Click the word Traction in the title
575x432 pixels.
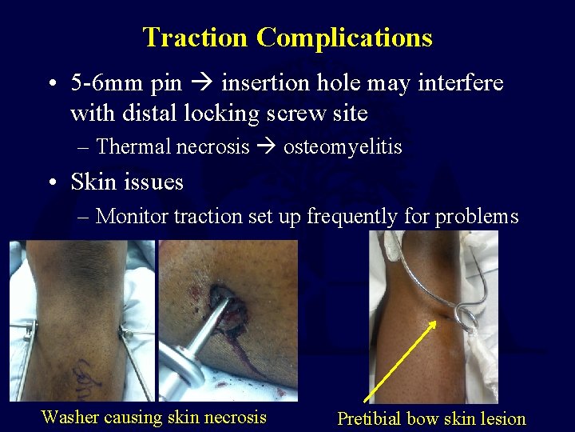pos(196,38)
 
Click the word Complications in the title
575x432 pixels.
pos(345,38)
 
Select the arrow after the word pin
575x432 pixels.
pos(207,83)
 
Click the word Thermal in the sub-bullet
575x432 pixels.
pos(133,146)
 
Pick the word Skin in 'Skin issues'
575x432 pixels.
pos(94,182)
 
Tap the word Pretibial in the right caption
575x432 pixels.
pos(369,418)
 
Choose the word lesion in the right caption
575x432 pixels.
pos(500,418)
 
